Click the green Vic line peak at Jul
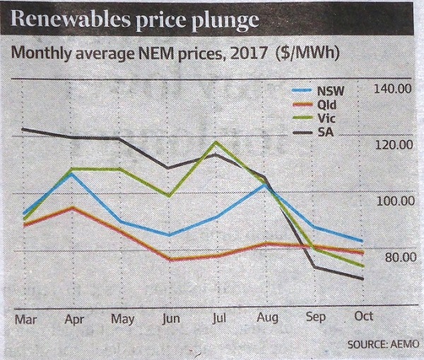(x=216, y=142)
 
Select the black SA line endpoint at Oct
(x=363, y=279)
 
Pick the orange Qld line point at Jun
(x=168, y=259)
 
